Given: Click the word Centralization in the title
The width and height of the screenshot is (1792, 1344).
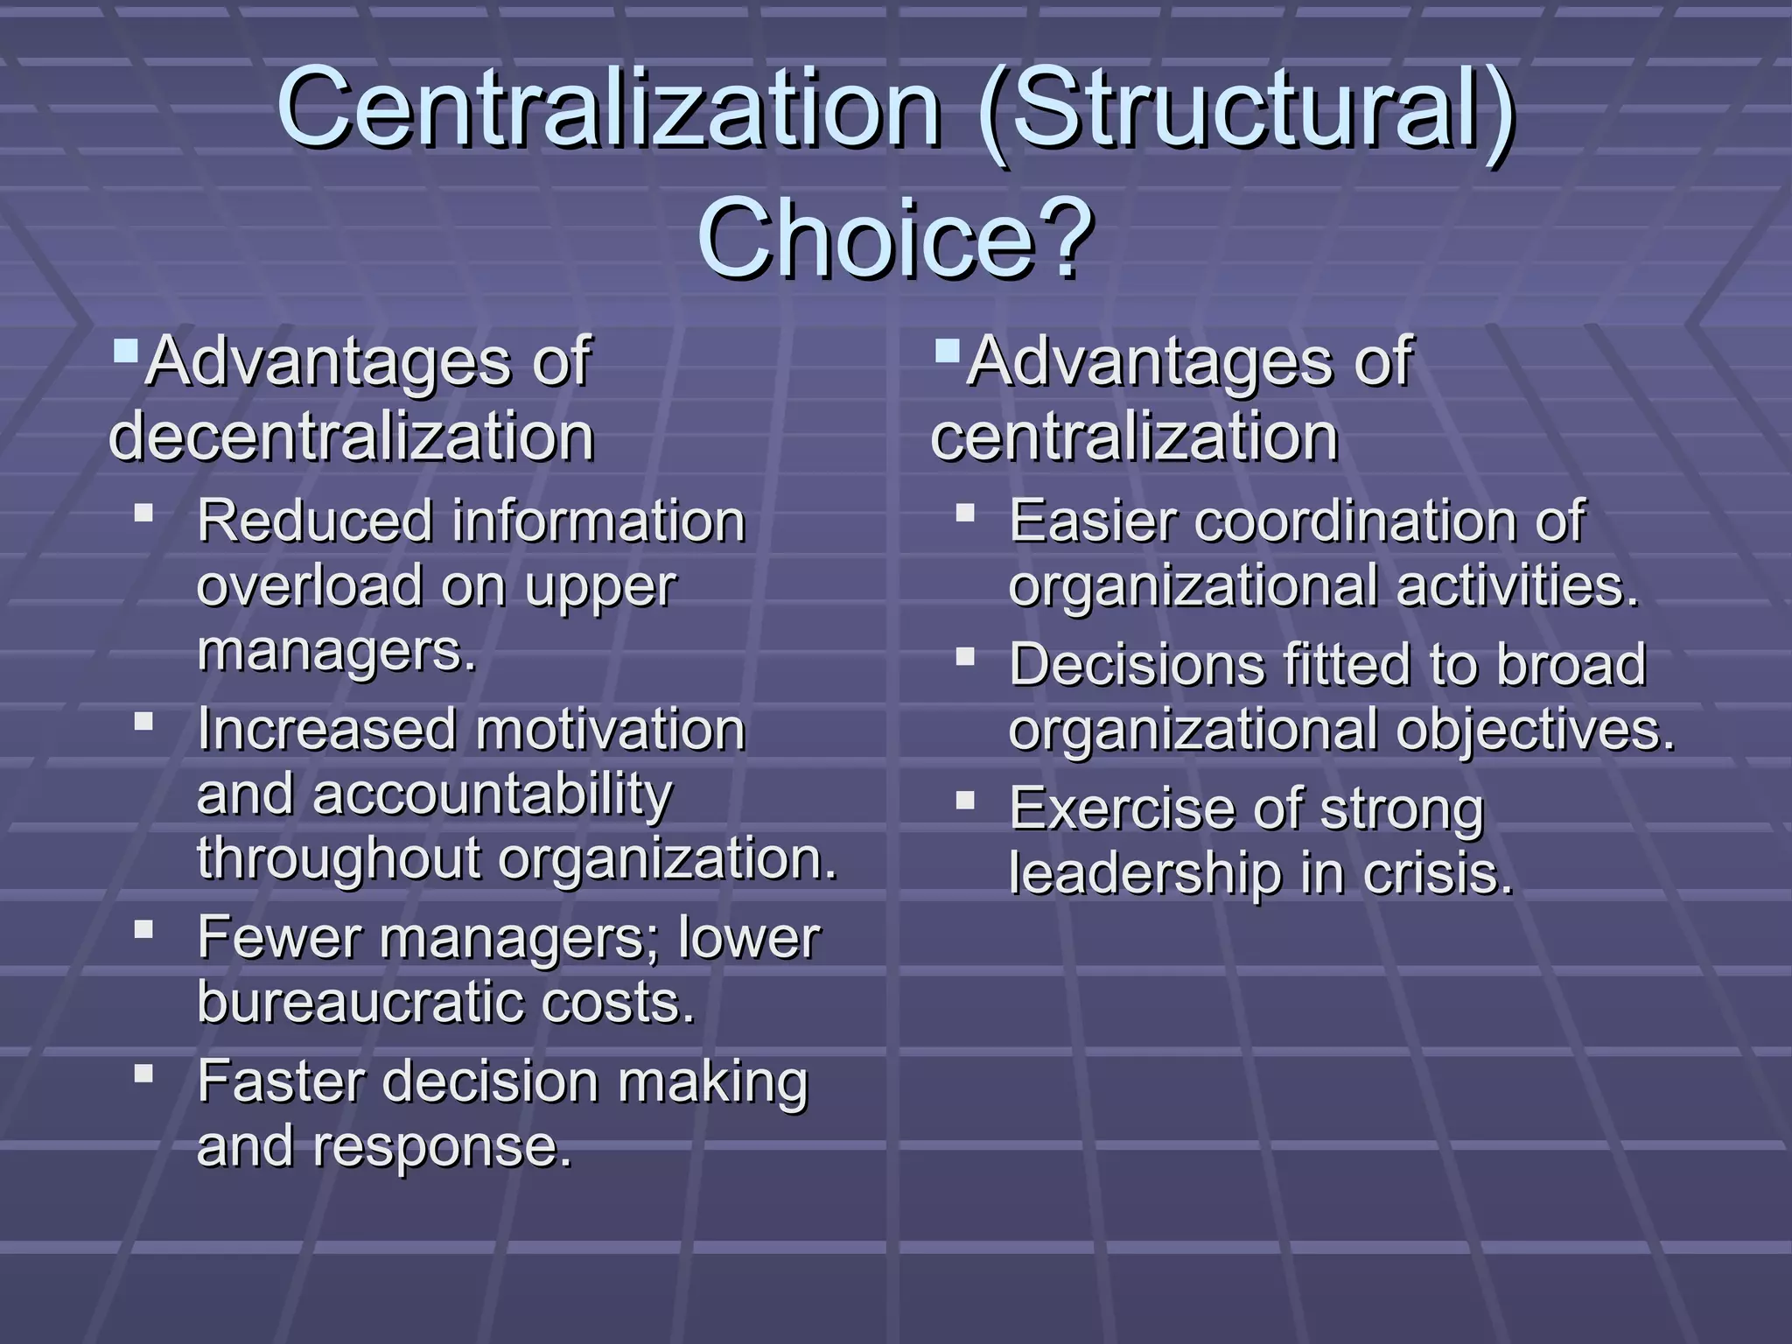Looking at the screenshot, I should click(608, 109).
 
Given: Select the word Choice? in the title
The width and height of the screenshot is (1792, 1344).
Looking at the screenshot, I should click(895, 238).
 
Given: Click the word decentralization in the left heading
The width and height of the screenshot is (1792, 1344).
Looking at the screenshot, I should click(351, 436).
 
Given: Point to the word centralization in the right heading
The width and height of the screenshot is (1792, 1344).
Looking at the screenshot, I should click(1134, 436).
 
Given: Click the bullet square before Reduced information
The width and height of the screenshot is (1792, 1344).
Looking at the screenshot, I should click(144, 511).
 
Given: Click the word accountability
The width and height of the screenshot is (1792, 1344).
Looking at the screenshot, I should click(493, 794).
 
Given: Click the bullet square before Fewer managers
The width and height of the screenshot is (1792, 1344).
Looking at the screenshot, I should click(144, 927).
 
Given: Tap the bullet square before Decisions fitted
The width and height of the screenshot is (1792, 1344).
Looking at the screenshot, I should click(965, 655).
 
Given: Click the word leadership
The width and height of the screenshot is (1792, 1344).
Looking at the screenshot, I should click(1145, 873).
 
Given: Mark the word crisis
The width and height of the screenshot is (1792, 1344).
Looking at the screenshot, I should click(1437, 873).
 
